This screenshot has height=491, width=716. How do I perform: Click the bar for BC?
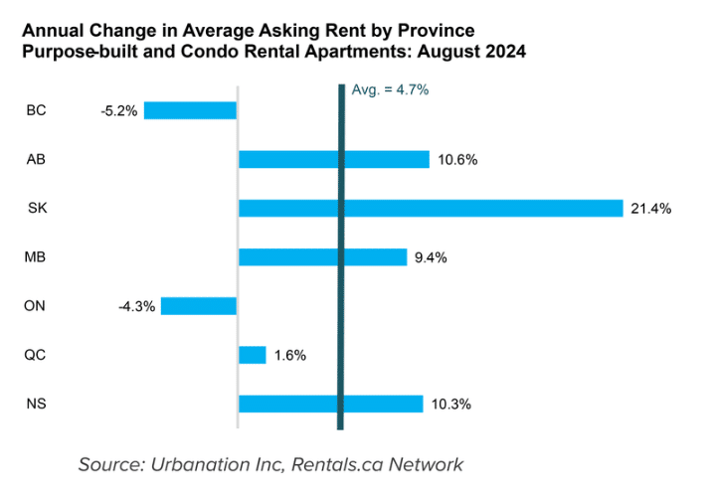click(x=190, y=110)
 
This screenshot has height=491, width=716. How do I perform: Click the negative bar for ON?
click(x=199, y=306)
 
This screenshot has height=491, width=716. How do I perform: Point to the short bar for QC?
click(x=253, y=355)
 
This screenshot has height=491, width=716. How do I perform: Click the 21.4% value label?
click(x=651, y=209)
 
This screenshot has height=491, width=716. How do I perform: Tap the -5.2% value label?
click(x=119, y=110)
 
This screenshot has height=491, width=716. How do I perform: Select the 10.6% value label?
click(x=457, y=160)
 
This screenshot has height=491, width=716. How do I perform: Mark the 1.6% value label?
click(x=289, y=355)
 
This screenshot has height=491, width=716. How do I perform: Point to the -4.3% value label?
click(x=136, y=306)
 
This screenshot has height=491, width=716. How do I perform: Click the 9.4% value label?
click(x=431, y=257)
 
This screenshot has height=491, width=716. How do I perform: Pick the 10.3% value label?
click(x=450, y=405)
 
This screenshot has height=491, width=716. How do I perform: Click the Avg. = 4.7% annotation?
click(x=390, y=89)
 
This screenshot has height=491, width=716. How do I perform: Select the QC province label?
click(x=35, y=355)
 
